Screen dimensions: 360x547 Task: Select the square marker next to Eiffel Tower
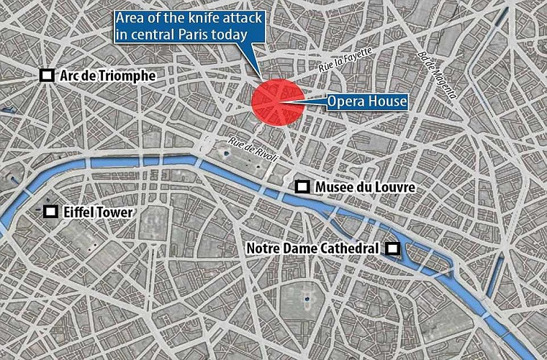click(50, 212)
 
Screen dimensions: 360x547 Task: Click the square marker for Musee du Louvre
click(303, 187)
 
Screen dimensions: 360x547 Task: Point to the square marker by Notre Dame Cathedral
click(392, 248)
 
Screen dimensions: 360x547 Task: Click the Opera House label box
click(367, 102)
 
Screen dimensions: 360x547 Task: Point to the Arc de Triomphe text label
click(108, 76)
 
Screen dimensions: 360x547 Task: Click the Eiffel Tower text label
click(101, 212)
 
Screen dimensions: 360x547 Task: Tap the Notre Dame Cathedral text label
click(312, 248)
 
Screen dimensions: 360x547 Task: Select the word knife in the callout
click(192, 18)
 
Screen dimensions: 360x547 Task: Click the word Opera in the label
click(346, 102)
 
